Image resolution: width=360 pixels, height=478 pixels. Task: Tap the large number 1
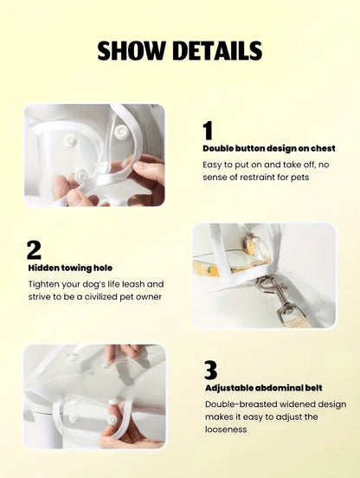[x=208, y=131]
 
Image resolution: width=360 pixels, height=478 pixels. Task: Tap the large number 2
[x=34, y=250]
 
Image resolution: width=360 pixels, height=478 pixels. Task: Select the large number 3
[x=211, y=370]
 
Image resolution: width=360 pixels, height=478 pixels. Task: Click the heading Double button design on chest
[x=269, y=148]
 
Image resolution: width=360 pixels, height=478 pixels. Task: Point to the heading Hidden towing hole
[x=70, y=268]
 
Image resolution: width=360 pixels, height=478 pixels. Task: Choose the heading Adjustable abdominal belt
[x=263, y=388]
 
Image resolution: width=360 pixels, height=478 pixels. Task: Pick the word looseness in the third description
[x=226, y=430]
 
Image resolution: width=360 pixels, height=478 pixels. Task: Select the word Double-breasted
[x=241, y=405]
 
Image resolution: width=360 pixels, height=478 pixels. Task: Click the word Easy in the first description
[x=212, y=165]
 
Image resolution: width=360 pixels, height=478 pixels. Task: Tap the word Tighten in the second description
[x=43, y=284]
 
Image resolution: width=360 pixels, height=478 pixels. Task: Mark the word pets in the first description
[x=299, y=178]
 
